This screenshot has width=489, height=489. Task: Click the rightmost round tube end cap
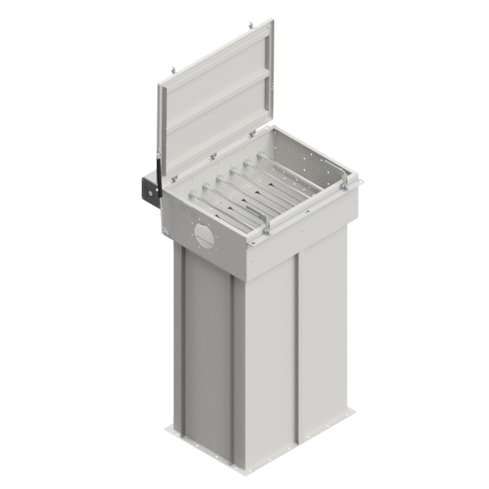(260, 156)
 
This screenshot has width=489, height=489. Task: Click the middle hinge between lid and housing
(212, 158)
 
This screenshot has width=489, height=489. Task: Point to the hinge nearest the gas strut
(174, 177)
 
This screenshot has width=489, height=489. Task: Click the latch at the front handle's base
(267, 230)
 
